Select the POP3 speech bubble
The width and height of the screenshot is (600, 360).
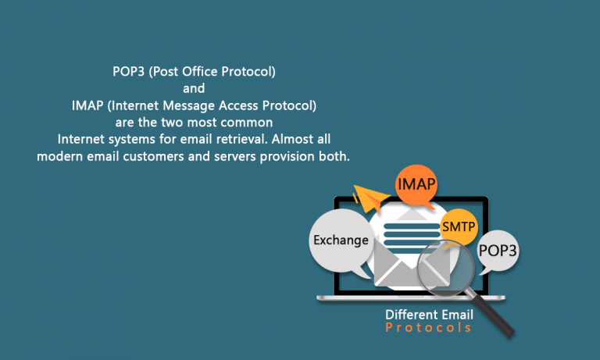[x=498, y=251]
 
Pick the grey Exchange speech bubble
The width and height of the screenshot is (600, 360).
[x=341, y=240]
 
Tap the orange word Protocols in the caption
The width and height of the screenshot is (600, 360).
[x=428, y=328]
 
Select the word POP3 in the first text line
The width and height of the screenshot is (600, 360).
[x=128, y=72]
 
